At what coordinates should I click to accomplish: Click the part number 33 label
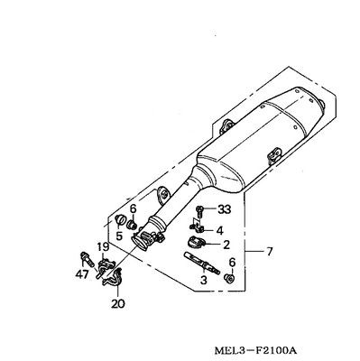pos(224,208)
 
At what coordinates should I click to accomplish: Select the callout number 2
pos(226,245)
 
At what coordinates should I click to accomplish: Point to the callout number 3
pos(204,280)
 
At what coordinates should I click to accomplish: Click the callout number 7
pos(269,251)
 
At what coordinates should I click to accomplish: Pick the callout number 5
pos(119,236)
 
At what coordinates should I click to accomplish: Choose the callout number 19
pos(103,247)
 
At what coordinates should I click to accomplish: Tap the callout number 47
pos(82,274)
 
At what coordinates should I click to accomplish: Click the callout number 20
pos(117,303)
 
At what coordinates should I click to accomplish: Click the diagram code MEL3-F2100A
pos(255,350)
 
